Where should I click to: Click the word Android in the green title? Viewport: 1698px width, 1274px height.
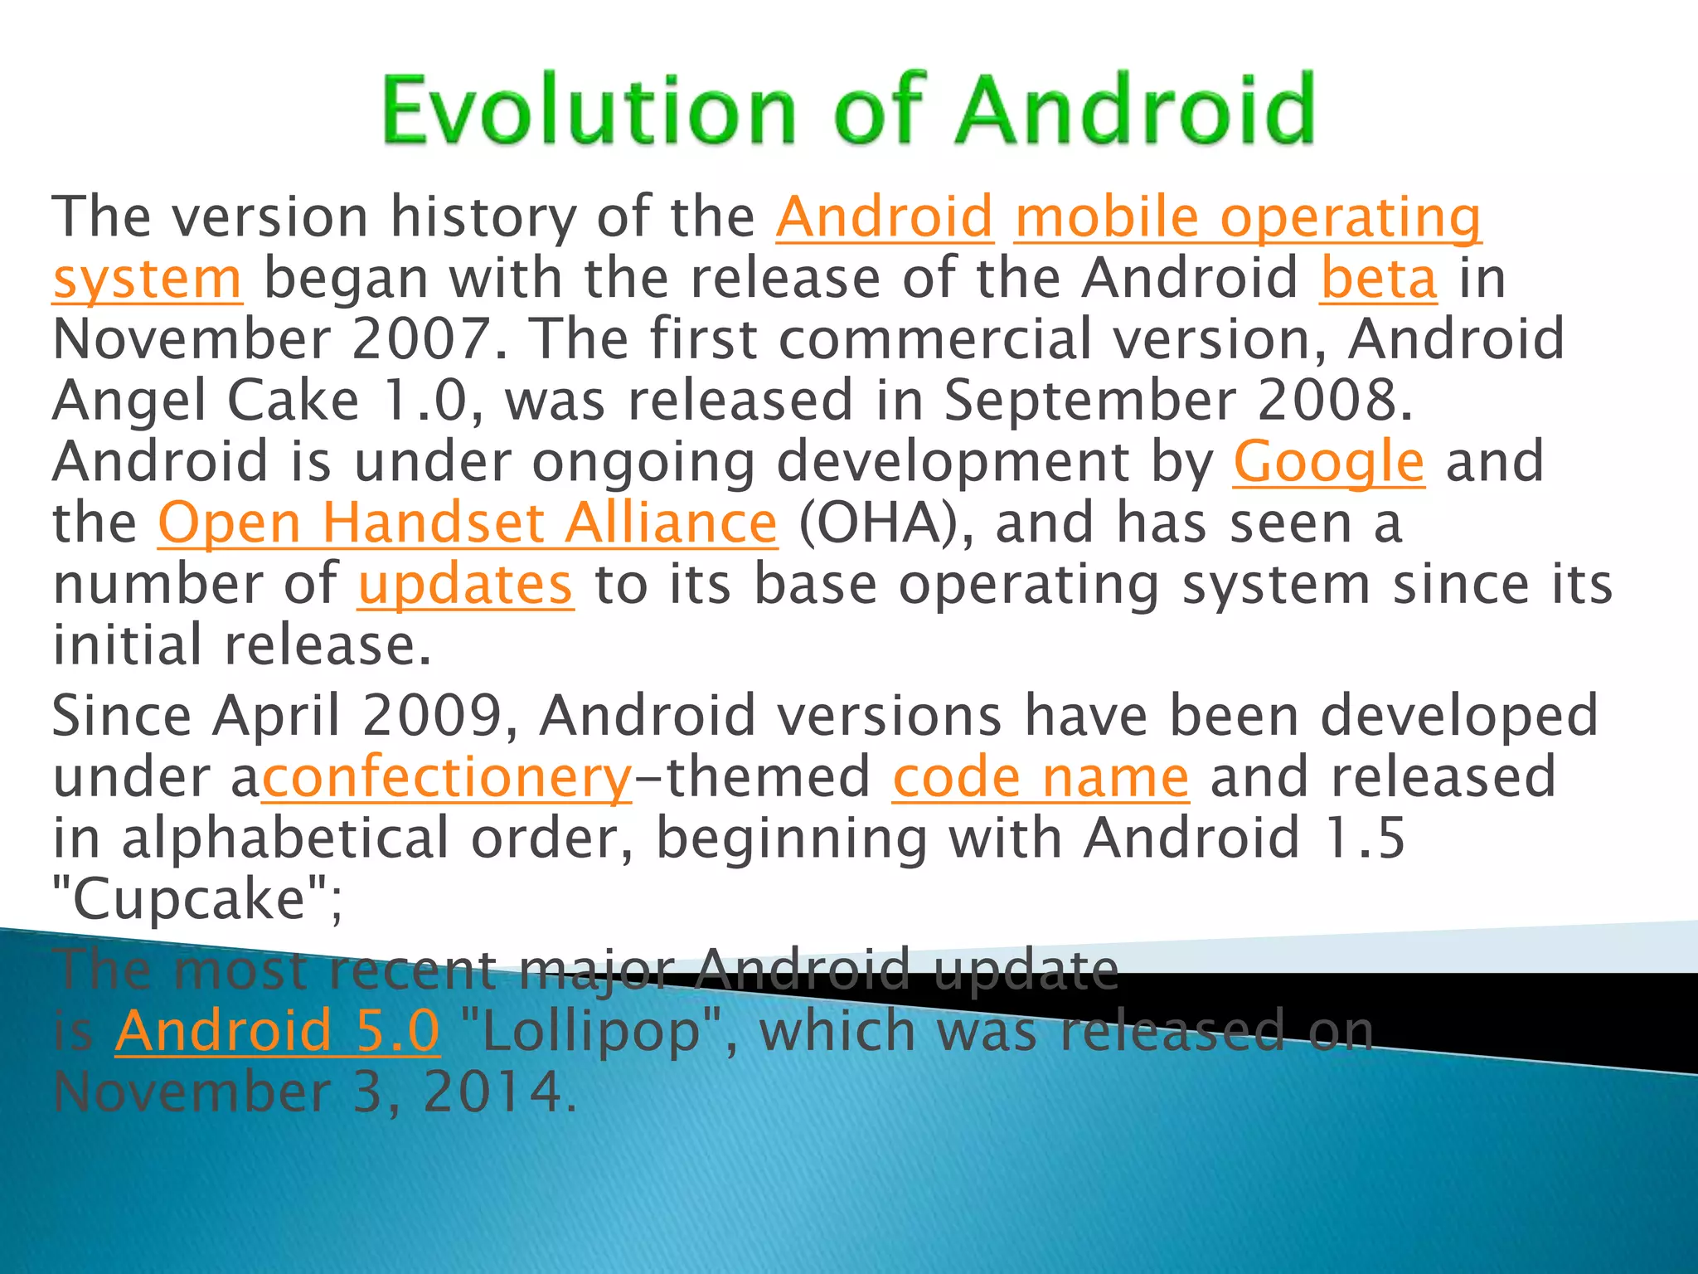point(1135,109)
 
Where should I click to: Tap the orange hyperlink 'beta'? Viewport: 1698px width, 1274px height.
point(1378,279)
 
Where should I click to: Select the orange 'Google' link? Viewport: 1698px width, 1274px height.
point(1328,463)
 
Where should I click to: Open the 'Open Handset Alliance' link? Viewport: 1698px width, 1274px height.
point(468,523)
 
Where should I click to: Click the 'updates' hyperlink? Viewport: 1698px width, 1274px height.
point(465,585)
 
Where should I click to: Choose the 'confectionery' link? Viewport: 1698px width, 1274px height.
point(447,778)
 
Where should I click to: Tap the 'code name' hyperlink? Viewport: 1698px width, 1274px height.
point(1041,778)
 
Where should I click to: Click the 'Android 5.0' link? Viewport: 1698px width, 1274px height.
point(277,1031)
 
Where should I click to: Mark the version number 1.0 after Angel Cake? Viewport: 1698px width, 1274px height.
point(430,401)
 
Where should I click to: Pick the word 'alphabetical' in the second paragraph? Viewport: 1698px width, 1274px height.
point(285,839)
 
